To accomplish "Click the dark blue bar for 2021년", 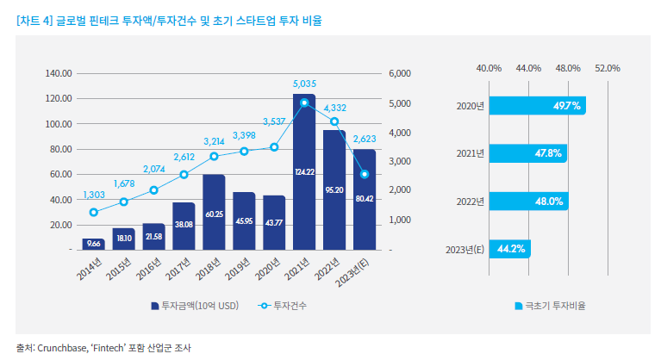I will click(x=303, y=172).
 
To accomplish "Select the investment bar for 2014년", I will click(x=93, y=244).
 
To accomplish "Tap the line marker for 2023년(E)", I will click(x=365, y=174).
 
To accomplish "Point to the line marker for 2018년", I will click(x=214, y=157).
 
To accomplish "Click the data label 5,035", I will click(x=305, y=84).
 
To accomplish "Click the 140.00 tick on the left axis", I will click(x=59, y=74).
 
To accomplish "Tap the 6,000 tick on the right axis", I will click(x=402, y=74).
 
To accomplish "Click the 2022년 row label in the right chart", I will click(x=470, y=202).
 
